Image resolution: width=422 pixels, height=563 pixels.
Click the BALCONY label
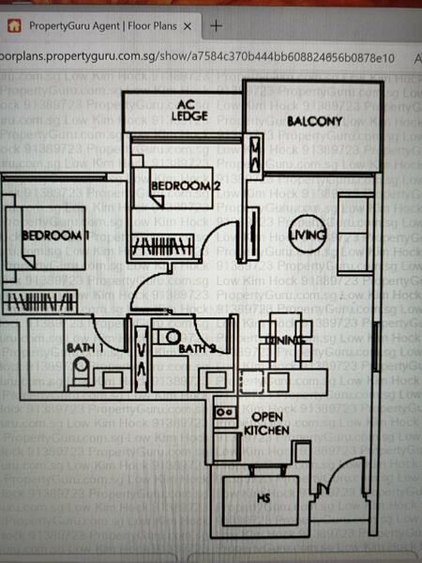click(x=314, y=120)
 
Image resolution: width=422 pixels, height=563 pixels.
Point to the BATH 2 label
click(x=194, y=349)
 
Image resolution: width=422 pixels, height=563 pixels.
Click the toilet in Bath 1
click(x=81, y=373)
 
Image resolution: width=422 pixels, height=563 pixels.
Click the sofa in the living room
click(x=354, y=230)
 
